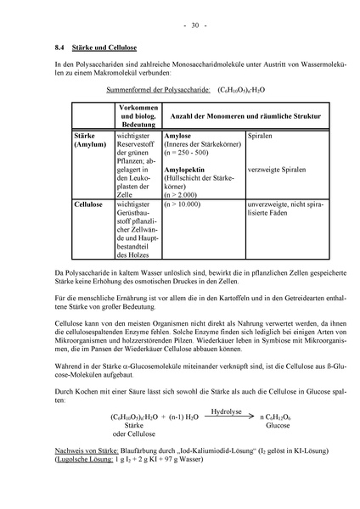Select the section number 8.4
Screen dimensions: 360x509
[51, 48]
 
